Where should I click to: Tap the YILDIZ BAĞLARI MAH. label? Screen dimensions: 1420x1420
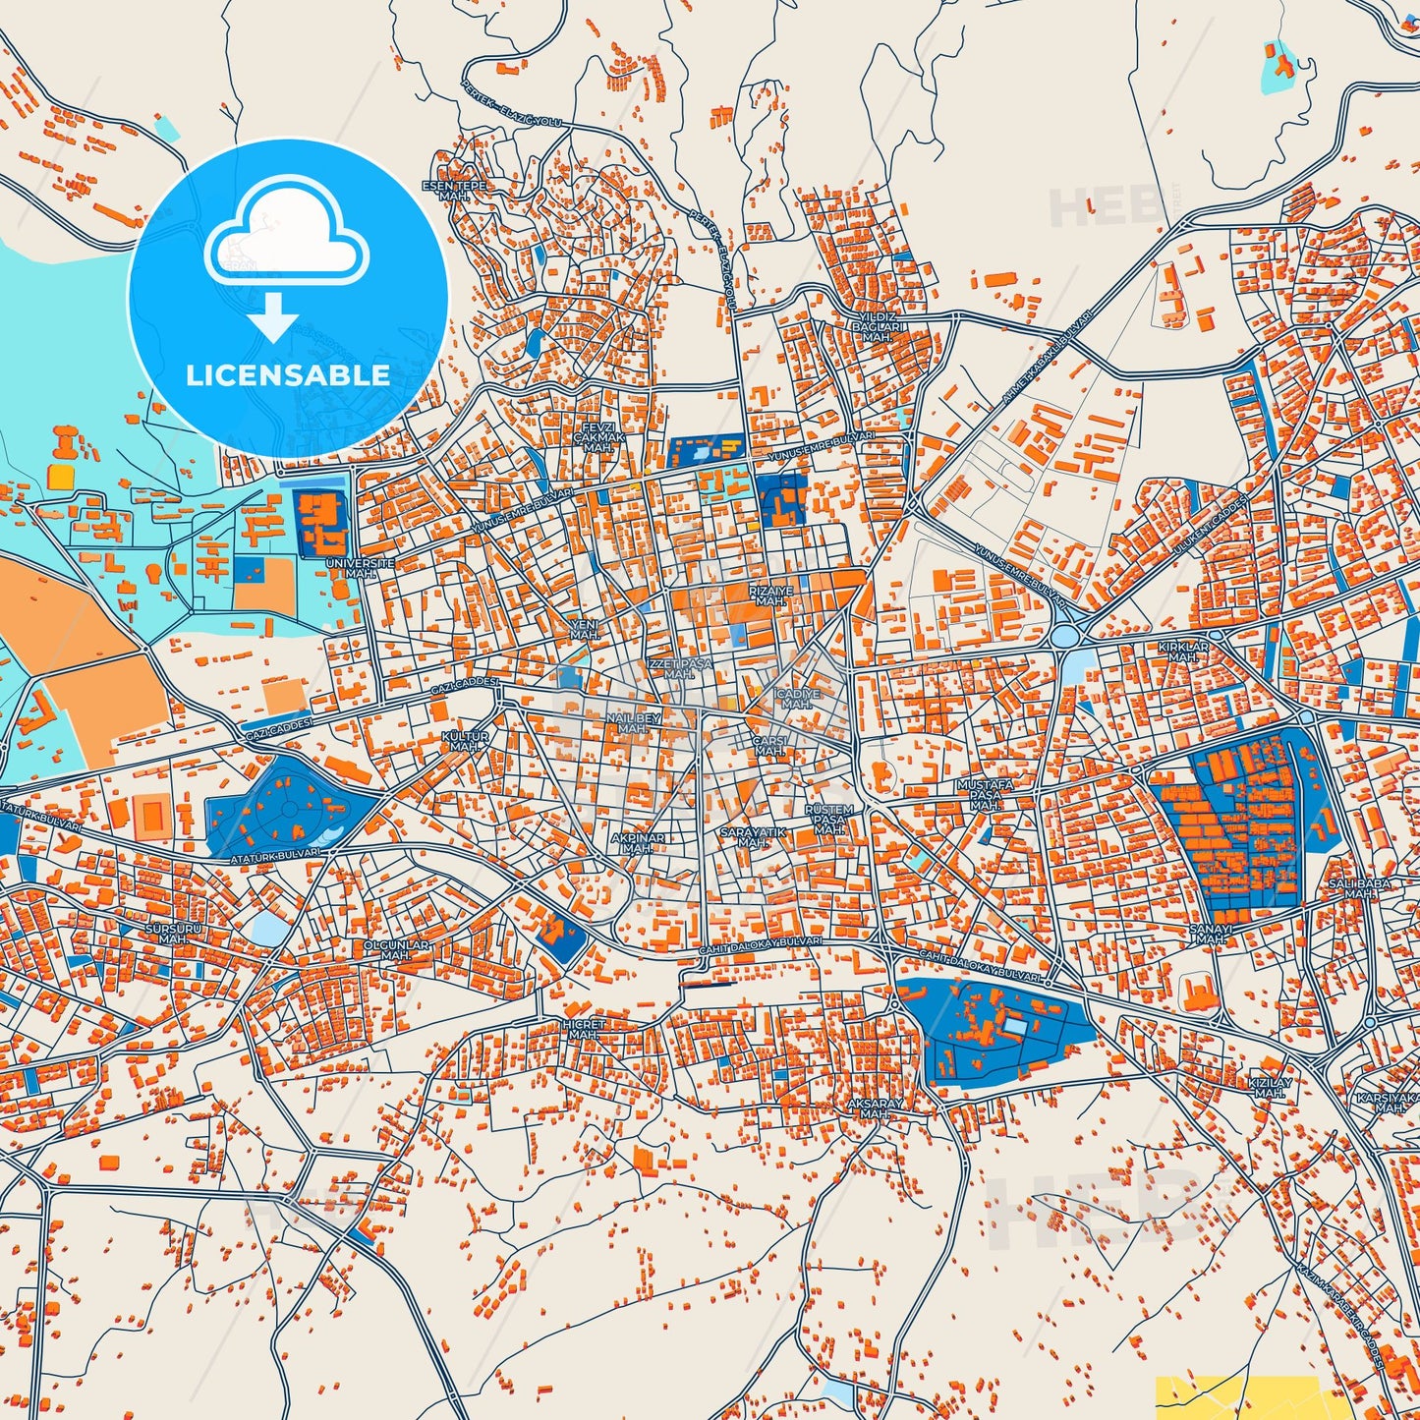click(x=876, y=326)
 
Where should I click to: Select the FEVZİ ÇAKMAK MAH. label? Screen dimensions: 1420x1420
click(x=598, y=437)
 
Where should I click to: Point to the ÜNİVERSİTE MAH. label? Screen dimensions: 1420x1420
click(x=360, y=568)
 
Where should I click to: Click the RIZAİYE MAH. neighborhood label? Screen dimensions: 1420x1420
click(x=770, y=596)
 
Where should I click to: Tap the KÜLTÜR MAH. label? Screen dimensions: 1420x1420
click(x=466, y=741)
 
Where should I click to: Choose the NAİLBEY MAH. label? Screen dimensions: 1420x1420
click(x=633, y=723)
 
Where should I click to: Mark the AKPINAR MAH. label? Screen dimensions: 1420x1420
click(x=638, y=843)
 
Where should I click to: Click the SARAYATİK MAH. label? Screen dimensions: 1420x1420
click(x=753, y=837)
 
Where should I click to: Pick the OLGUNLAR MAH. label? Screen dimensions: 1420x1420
click(x=396, y=950)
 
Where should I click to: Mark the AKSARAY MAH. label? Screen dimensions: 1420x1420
click(x=875, y=1108)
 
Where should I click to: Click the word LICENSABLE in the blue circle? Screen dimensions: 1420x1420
click(x=288, y=374)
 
